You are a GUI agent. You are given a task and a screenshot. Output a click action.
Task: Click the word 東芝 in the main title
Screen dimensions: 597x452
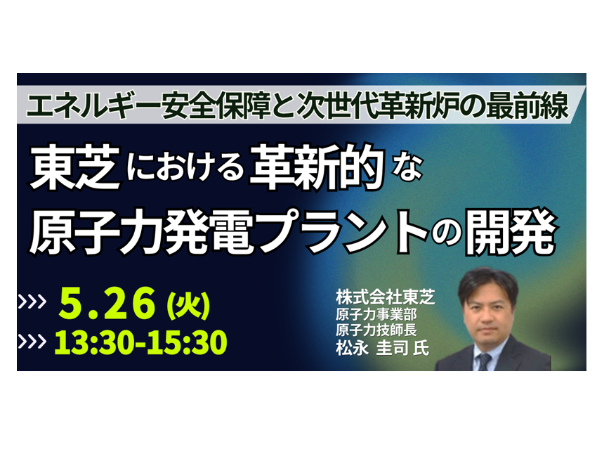(75, 167)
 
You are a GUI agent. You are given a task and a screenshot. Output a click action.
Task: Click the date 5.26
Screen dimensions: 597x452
(107, 304)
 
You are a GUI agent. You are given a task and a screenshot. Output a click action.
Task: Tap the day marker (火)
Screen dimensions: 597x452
(188, 305)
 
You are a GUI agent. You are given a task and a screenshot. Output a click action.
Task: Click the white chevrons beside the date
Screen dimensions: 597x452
(32, 302)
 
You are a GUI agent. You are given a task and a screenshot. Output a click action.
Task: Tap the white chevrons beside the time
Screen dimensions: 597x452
(32, 342)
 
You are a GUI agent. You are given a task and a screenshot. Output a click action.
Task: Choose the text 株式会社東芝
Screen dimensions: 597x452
(385, 297)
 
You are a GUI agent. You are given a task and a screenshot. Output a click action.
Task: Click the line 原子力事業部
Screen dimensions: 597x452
(376, 314)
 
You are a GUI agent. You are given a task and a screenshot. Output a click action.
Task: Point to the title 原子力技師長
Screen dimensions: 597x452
(376, 330)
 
